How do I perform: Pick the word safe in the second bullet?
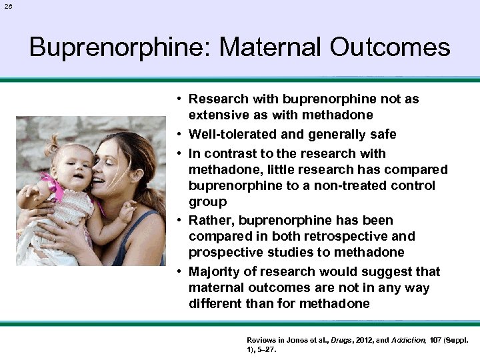coord(383,134)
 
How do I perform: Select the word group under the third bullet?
coord(207,201)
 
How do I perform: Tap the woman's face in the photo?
coord(112,173)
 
